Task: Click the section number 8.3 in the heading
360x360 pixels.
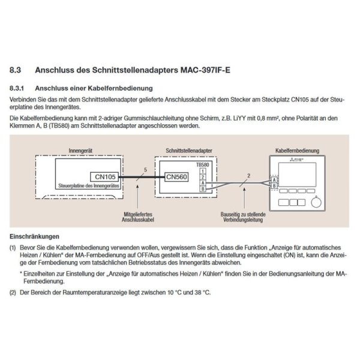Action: (16, 70)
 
